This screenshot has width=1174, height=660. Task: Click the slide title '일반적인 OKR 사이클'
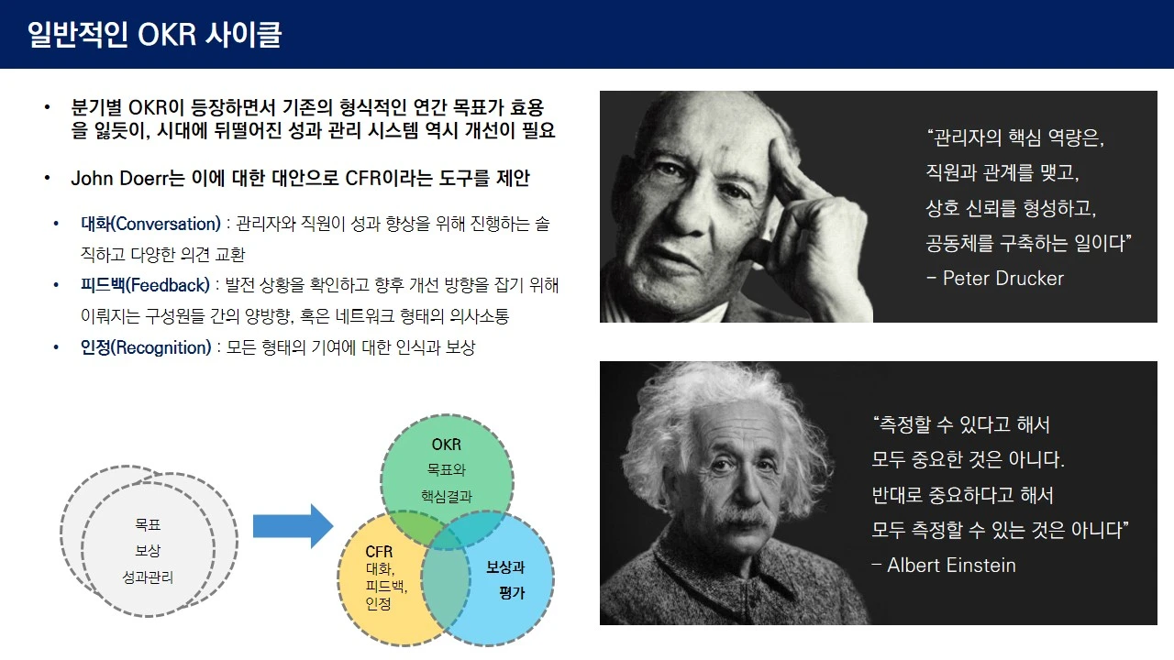click(155, 35)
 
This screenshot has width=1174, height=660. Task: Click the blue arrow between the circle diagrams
click(293, 526)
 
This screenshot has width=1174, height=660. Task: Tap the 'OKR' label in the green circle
click(447, 445)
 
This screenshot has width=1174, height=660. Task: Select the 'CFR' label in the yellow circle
click(379, 552)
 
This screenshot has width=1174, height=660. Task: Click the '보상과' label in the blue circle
click(505, 566)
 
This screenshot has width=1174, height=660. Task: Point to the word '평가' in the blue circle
click(512, 593)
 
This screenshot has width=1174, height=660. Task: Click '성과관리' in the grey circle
click(148, 577)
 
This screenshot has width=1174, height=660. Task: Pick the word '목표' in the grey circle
click(148, 524)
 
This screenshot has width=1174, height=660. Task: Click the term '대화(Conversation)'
click(150, 225)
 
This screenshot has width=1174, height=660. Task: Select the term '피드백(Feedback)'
click(145, 285)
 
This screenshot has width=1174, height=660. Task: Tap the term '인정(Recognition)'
click(146, 347)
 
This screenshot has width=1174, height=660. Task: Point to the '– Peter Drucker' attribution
click(995, 279)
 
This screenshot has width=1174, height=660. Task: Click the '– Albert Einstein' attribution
click(944, 566)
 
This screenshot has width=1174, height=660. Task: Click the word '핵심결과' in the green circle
click(447, 496)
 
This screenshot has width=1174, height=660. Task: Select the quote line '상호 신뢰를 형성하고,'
click(1011, 208)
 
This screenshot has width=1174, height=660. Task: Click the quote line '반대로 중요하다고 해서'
click(962, 495)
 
